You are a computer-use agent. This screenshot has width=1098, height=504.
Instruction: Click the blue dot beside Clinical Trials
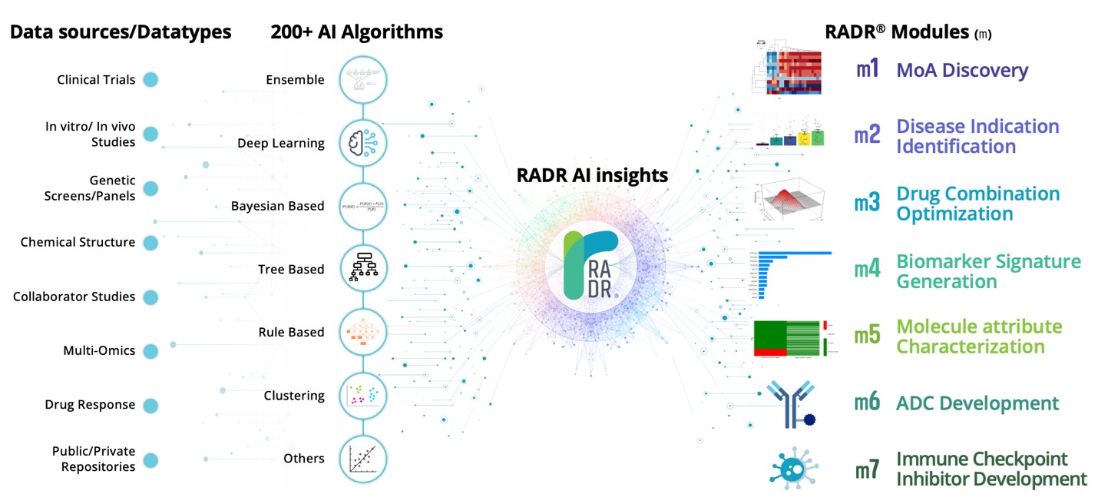point(150,79)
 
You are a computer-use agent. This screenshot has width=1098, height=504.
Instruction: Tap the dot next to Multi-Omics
point(150,350)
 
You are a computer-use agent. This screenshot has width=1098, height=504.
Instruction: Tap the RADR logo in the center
point(590,266)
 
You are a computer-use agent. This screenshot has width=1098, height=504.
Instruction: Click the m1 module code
point(868,70)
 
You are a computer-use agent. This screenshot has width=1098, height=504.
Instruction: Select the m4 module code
point(868,270)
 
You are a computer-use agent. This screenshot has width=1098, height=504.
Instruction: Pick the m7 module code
point(868,469)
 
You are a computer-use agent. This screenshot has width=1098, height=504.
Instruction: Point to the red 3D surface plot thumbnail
point(787,204)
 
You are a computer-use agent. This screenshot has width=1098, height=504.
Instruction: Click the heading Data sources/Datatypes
point(121,31)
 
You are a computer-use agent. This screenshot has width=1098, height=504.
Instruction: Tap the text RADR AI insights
point(592,175)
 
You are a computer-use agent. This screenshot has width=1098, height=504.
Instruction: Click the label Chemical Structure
point(78,242)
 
